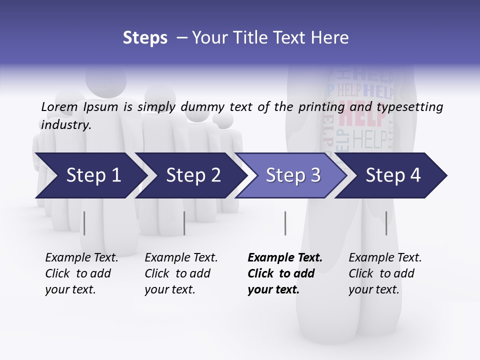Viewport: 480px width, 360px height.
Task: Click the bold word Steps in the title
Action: click(145, 38)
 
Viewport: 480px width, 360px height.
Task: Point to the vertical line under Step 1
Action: click(84, 223)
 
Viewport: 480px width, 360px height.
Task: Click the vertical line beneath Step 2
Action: click(184, 223)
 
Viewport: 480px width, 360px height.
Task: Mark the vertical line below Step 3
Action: click(285, 223)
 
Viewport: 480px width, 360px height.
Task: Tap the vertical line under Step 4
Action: click(386, 223)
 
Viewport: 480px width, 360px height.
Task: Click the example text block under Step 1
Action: click(81, 273)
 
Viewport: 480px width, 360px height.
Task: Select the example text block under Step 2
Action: click(181, 273)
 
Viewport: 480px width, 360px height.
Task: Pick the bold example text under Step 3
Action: click(285, 273)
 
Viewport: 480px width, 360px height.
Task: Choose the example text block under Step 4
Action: click(385, 273)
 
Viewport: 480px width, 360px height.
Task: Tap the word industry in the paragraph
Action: click(66, 125)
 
